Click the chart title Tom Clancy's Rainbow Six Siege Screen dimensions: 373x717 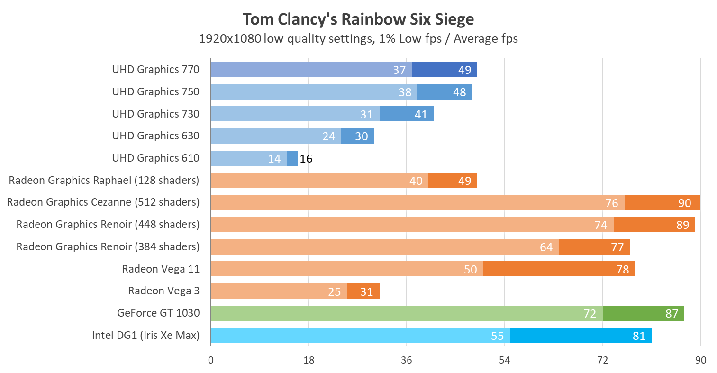tap(358, 19)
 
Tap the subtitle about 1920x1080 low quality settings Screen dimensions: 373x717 tap(358, 38)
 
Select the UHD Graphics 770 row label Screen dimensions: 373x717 tap(155, 69)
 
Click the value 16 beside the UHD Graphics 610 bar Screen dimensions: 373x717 tap(306, 158)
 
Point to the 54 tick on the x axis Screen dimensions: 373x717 tap(504, 360)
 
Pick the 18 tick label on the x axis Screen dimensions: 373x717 tap(309, 360)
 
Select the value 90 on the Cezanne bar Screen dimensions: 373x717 tap(684, 203)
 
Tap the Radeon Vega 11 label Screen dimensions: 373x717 tap(161, 269)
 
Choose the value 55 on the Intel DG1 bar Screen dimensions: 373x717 tap(497, 336)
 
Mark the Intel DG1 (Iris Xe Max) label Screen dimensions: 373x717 tap(145, 335)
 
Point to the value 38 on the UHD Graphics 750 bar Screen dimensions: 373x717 tap(405, 92)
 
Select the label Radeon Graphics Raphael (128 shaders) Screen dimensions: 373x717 tap(104, 180)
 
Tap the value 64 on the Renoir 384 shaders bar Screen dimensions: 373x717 tap(546, 247)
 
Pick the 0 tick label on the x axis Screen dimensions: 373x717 tap(211, 360)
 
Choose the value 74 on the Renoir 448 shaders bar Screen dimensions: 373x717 tap(600, 225)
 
